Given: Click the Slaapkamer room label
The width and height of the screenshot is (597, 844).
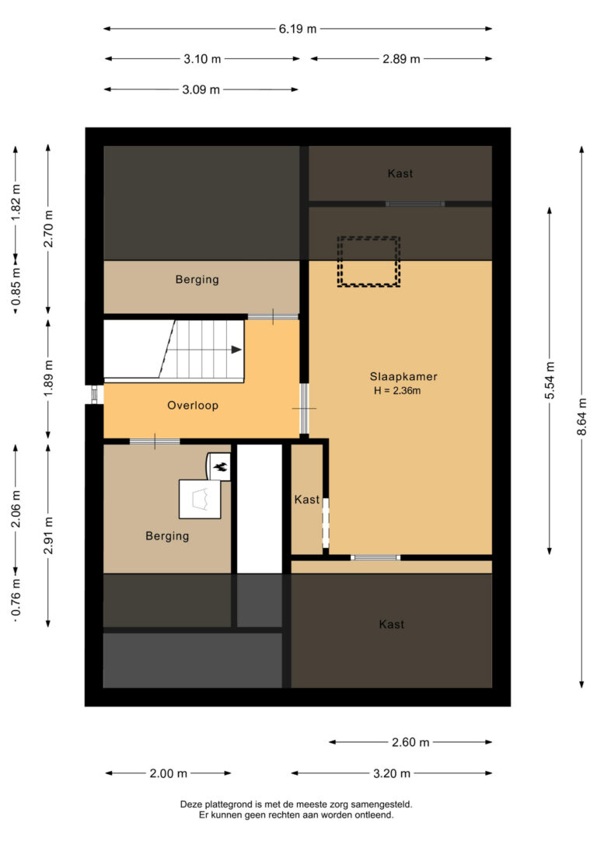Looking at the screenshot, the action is coord(403,377).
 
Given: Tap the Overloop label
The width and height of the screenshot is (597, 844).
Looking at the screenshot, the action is coord(193,406).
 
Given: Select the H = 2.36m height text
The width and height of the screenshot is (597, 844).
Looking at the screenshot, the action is coord(397,391).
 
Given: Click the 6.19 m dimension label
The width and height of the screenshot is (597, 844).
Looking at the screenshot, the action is coord(298,29).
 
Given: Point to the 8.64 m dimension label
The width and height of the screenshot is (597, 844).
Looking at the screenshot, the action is coord(581,417).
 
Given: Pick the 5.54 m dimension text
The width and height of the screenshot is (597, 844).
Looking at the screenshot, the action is coord(549,381).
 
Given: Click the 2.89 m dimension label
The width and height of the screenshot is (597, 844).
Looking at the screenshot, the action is coord(401,59).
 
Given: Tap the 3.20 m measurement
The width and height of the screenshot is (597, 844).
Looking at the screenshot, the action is coord(392,773).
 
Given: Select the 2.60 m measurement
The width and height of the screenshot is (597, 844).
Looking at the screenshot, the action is coord(410,742).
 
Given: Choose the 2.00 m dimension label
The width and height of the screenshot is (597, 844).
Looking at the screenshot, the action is coord(169,773).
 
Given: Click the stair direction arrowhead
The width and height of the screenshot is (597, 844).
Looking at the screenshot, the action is coord(236,350).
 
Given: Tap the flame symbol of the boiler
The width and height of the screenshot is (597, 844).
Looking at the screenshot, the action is coord(220,466).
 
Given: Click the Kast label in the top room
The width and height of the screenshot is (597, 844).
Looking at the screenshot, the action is coord(400,173).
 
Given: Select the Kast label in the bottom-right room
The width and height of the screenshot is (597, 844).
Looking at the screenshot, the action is coord(391,624).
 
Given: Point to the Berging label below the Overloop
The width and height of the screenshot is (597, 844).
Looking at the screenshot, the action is coord(167,536).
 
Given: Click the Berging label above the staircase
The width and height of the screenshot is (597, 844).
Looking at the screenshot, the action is coord(197,279).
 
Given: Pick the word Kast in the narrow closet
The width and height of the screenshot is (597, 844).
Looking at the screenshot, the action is coord(307,500).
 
